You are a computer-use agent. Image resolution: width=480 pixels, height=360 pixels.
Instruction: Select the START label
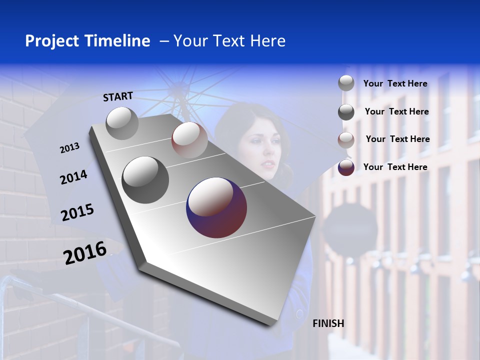[118, 96]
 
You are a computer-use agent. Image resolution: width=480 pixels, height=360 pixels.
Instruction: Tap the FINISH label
[328, 323]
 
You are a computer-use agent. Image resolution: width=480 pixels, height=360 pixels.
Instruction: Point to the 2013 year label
[69, 148]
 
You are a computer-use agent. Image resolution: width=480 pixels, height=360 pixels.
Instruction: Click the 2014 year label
[73, 177]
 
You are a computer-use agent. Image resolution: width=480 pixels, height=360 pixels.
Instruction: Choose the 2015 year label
[77, 212]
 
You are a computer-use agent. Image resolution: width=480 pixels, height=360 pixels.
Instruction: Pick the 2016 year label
[85, 252]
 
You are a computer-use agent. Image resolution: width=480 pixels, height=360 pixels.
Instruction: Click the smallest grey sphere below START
[122, 123]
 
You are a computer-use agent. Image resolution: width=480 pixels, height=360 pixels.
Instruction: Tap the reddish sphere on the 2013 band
[189, 139]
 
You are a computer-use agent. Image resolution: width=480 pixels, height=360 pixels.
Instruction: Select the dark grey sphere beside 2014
[145, 179]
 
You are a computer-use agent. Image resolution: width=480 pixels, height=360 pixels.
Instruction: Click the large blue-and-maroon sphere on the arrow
[216, 207]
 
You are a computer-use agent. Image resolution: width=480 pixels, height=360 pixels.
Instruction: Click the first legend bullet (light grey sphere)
[346, 83]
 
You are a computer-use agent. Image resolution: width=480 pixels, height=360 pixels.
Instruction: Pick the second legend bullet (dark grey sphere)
[346, 112]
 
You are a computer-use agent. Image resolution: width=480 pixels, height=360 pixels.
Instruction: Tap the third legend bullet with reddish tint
[346, 140]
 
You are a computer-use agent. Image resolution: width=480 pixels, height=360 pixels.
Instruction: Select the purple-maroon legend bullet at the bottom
[346, 167]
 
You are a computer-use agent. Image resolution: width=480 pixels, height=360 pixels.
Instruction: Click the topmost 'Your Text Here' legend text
[395, 83]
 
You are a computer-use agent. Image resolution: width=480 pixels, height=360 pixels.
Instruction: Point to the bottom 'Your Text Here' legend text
[395, 167]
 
